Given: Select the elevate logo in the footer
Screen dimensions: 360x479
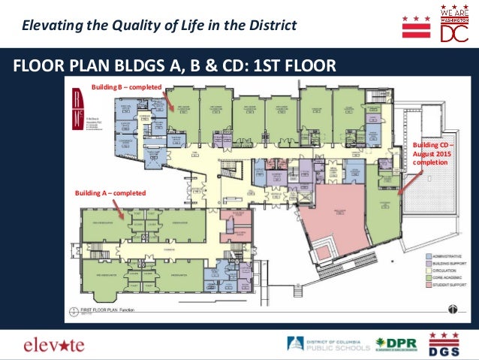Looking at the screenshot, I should (54, 346).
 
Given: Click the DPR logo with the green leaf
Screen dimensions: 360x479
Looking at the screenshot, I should (396, 345).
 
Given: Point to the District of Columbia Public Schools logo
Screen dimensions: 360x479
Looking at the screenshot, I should (328, 345).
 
